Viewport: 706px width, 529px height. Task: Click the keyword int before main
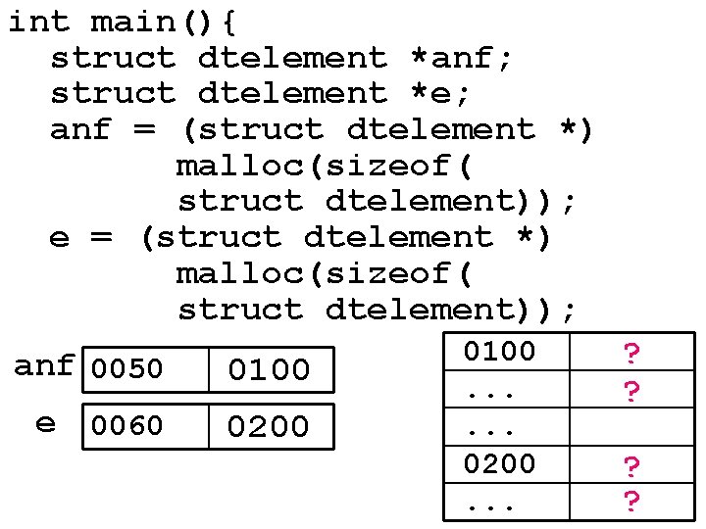coord(39,22)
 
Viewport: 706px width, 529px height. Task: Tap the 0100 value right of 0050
coord(269,370)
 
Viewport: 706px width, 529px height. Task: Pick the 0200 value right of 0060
coord(269,426)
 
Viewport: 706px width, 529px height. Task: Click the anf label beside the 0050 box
coord(44,366)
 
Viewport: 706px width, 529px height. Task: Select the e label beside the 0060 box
coord(46,423)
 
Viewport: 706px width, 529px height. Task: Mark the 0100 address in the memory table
coord(500,352)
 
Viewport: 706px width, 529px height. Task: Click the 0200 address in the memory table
coord(500,463)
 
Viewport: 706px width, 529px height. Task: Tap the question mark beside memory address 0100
coord(632,354)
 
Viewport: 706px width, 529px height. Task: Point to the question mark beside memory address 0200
coord(632,466)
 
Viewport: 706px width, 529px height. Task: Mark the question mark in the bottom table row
coord(632,503)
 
